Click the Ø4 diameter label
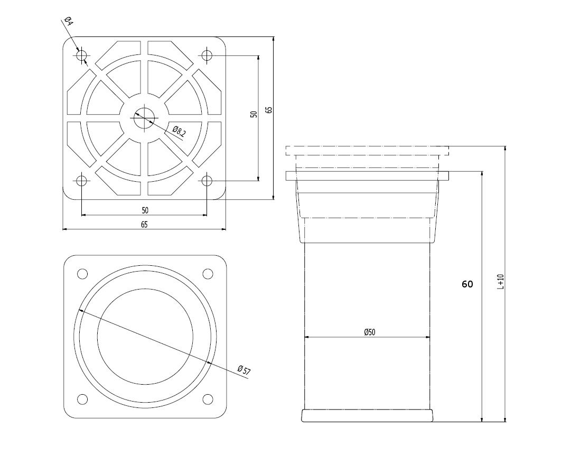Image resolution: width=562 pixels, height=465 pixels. click(68, 22)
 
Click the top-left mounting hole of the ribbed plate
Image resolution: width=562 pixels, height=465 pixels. click(82, 55)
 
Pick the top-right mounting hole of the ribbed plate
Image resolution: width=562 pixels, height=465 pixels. click(207, 55)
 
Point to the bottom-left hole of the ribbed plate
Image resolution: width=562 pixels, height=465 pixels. click(82, 181)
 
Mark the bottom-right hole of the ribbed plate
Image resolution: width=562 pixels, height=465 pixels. click(207, 181)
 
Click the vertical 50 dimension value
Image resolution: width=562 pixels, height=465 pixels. click(254, 114)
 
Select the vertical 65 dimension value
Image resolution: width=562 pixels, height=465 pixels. click(269, 110)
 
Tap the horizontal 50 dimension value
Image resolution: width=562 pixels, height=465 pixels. click(145, 210)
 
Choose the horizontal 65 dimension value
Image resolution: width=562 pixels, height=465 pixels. click(144, 224)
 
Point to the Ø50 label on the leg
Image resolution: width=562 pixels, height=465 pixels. click(369, 332)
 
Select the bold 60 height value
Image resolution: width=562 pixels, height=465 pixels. click(467, 284)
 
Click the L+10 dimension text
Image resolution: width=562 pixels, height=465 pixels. click(501, 281)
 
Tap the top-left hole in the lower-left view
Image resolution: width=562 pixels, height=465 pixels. click(82, 274)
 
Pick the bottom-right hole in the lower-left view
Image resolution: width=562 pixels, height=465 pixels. click(208, 399)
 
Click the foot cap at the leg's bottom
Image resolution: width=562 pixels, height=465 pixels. click(368, 415)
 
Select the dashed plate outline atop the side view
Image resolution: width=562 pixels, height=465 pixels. click(367, 151)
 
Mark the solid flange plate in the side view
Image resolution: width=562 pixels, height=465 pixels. click(367, 175)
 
